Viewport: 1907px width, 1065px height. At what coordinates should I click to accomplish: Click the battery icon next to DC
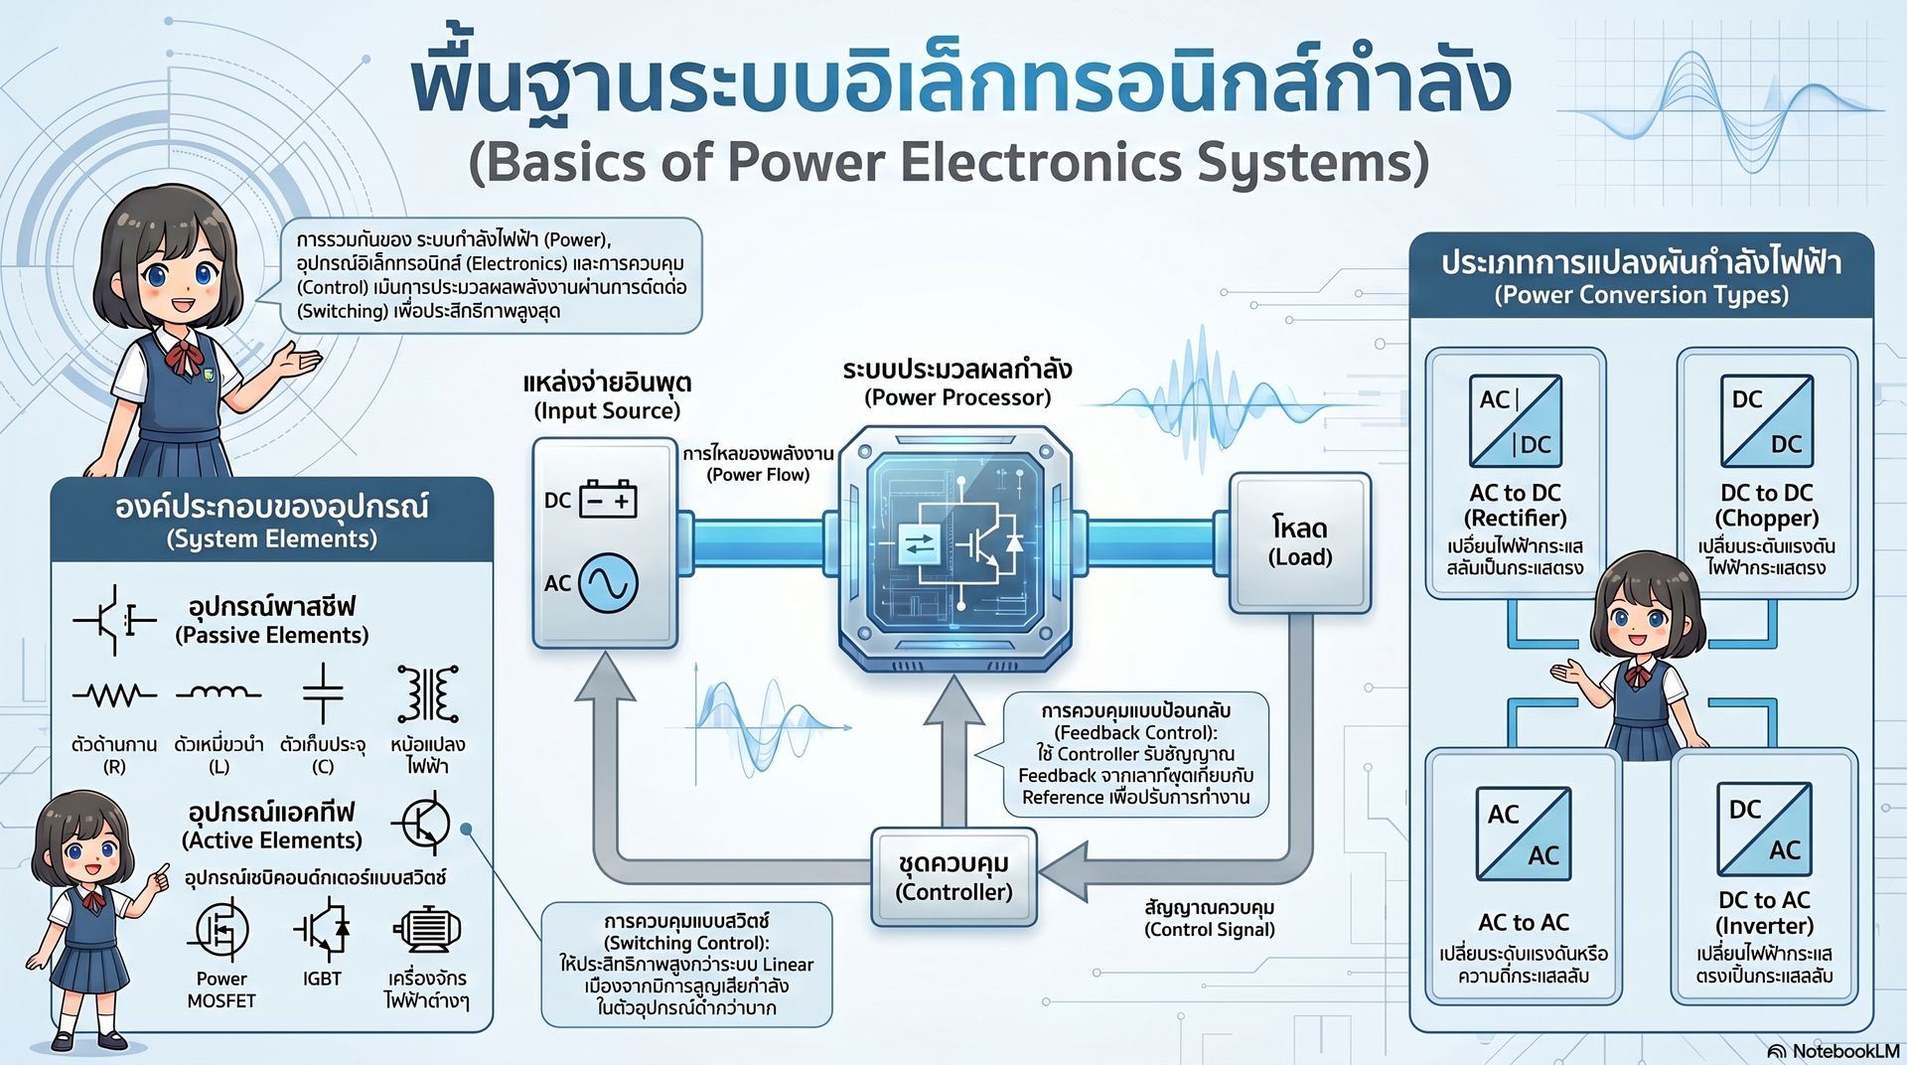(608, 499)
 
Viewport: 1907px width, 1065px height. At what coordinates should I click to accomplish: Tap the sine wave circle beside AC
(608, 582)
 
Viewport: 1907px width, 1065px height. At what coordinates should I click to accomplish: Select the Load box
(1300, 542)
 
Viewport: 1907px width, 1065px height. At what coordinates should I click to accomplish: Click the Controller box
(954, 877)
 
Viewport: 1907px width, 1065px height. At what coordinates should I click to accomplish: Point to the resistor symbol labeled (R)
(114, 694)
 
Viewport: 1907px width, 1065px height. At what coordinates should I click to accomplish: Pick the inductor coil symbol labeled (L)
(219, 691)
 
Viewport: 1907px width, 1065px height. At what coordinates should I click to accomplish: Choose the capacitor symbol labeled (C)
(323, 692)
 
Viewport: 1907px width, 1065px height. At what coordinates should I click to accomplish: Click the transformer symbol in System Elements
(428, 693)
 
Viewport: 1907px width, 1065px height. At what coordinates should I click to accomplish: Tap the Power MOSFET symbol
(220, 930)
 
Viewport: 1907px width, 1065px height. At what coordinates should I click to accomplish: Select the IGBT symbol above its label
(322, 930)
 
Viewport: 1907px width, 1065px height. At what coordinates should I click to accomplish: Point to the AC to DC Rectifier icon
(1516, 421)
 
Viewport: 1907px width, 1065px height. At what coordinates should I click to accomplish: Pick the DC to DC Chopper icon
(1767, 421)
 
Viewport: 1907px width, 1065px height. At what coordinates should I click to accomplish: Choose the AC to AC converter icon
(1524, 835)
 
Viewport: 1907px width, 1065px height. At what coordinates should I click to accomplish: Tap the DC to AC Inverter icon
(1765, 830)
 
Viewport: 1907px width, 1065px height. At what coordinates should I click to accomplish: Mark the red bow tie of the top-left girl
(184, 356)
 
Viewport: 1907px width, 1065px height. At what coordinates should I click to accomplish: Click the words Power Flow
(758, 475)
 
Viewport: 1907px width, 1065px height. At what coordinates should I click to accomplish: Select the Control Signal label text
(1209, 930)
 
